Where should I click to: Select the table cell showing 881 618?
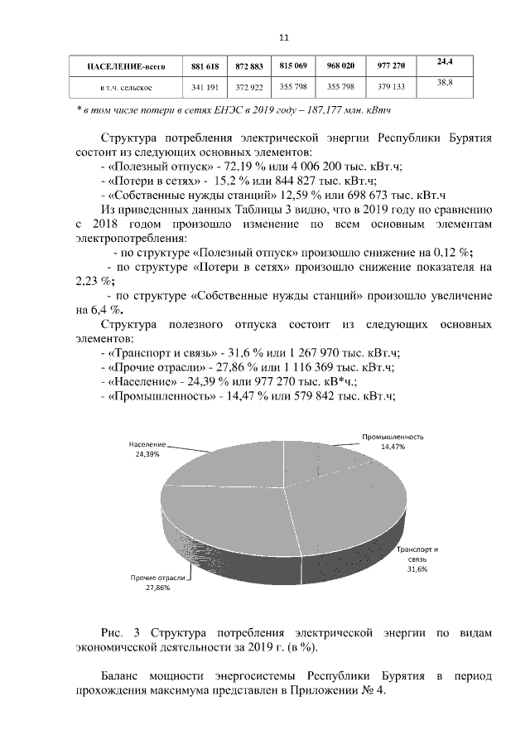coord(205,65)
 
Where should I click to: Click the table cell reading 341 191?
coord(205,86)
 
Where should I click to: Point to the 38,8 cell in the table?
coord(445,84)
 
